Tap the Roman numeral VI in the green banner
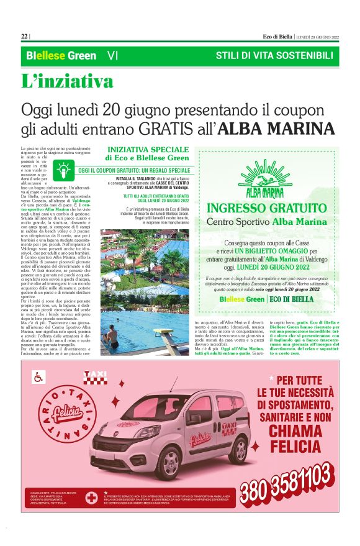coord(112,56)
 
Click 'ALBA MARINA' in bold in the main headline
coord(278,129)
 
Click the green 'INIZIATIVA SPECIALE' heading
coord(147,150)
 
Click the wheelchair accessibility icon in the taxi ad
coord(38,376)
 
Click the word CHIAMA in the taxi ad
coord(291,430)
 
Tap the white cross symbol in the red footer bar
coord(92,498)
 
